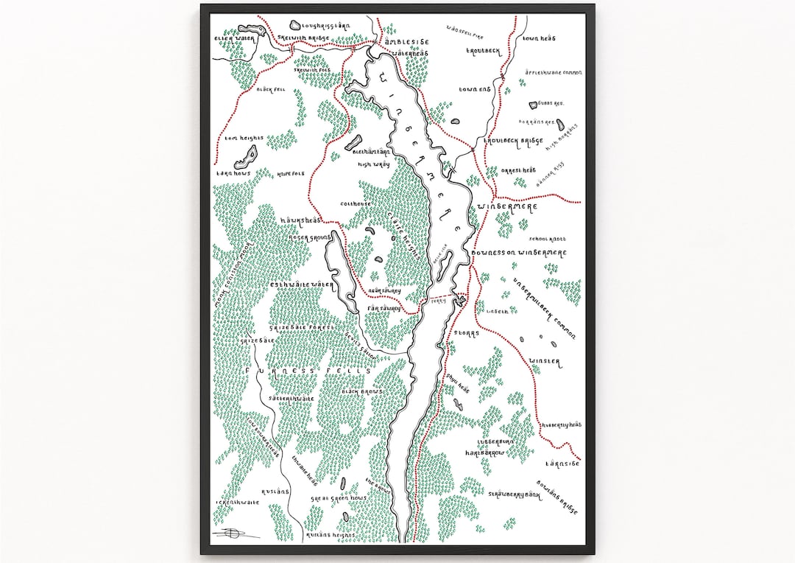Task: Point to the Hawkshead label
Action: coord(297,220)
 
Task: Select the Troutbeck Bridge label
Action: coord(513,141)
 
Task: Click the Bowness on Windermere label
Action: coord(523,253)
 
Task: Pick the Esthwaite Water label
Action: coord(303,284)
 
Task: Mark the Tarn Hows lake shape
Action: coord(245,157)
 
